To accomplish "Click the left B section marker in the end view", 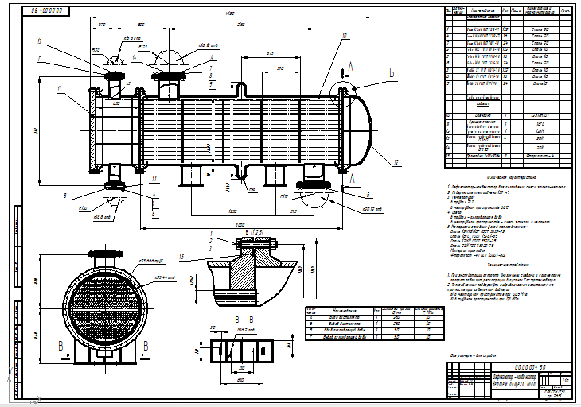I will (x=61, y=347).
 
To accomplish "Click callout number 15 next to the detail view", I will (x=182, y=256).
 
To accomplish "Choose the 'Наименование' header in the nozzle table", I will (x=345, y=312).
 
